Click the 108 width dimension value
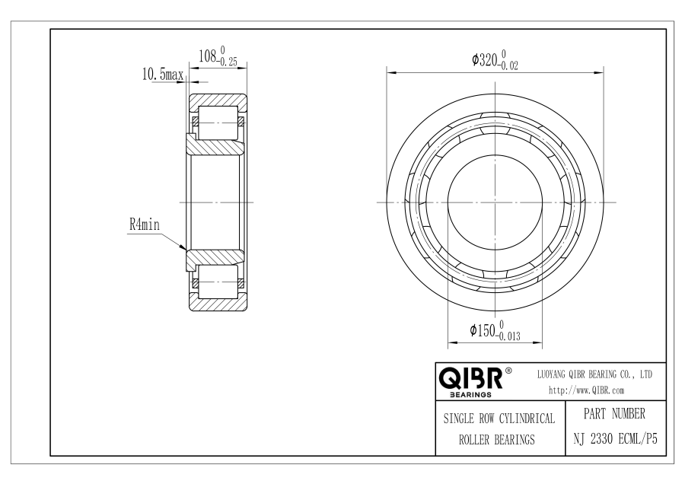click(x=208, y=56)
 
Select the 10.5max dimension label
click(x=163, y=75)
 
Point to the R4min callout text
click(x=145, y=225)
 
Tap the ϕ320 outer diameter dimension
click(x=485, y=59)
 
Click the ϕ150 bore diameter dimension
click(x=483, y=330)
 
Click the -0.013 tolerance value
click(x=508, y=336)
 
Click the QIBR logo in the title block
click(x=471, y=378)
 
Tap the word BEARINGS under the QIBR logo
click(x=470, y=395)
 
